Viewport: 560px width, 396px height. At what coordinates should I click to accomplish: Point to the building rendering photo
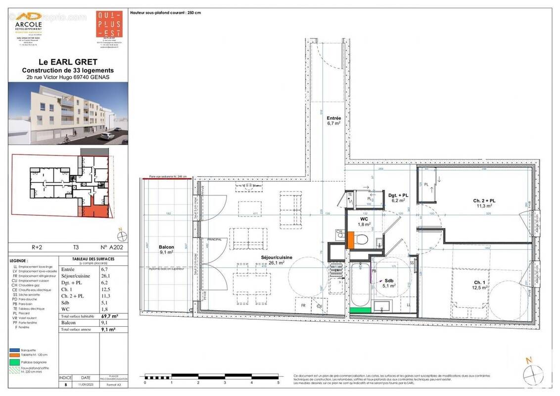68,113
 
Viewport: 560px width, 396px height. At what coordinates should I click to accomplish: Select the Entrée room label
334,119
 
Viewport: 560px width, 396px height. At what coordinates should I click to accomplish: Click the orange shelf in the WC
350,240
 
